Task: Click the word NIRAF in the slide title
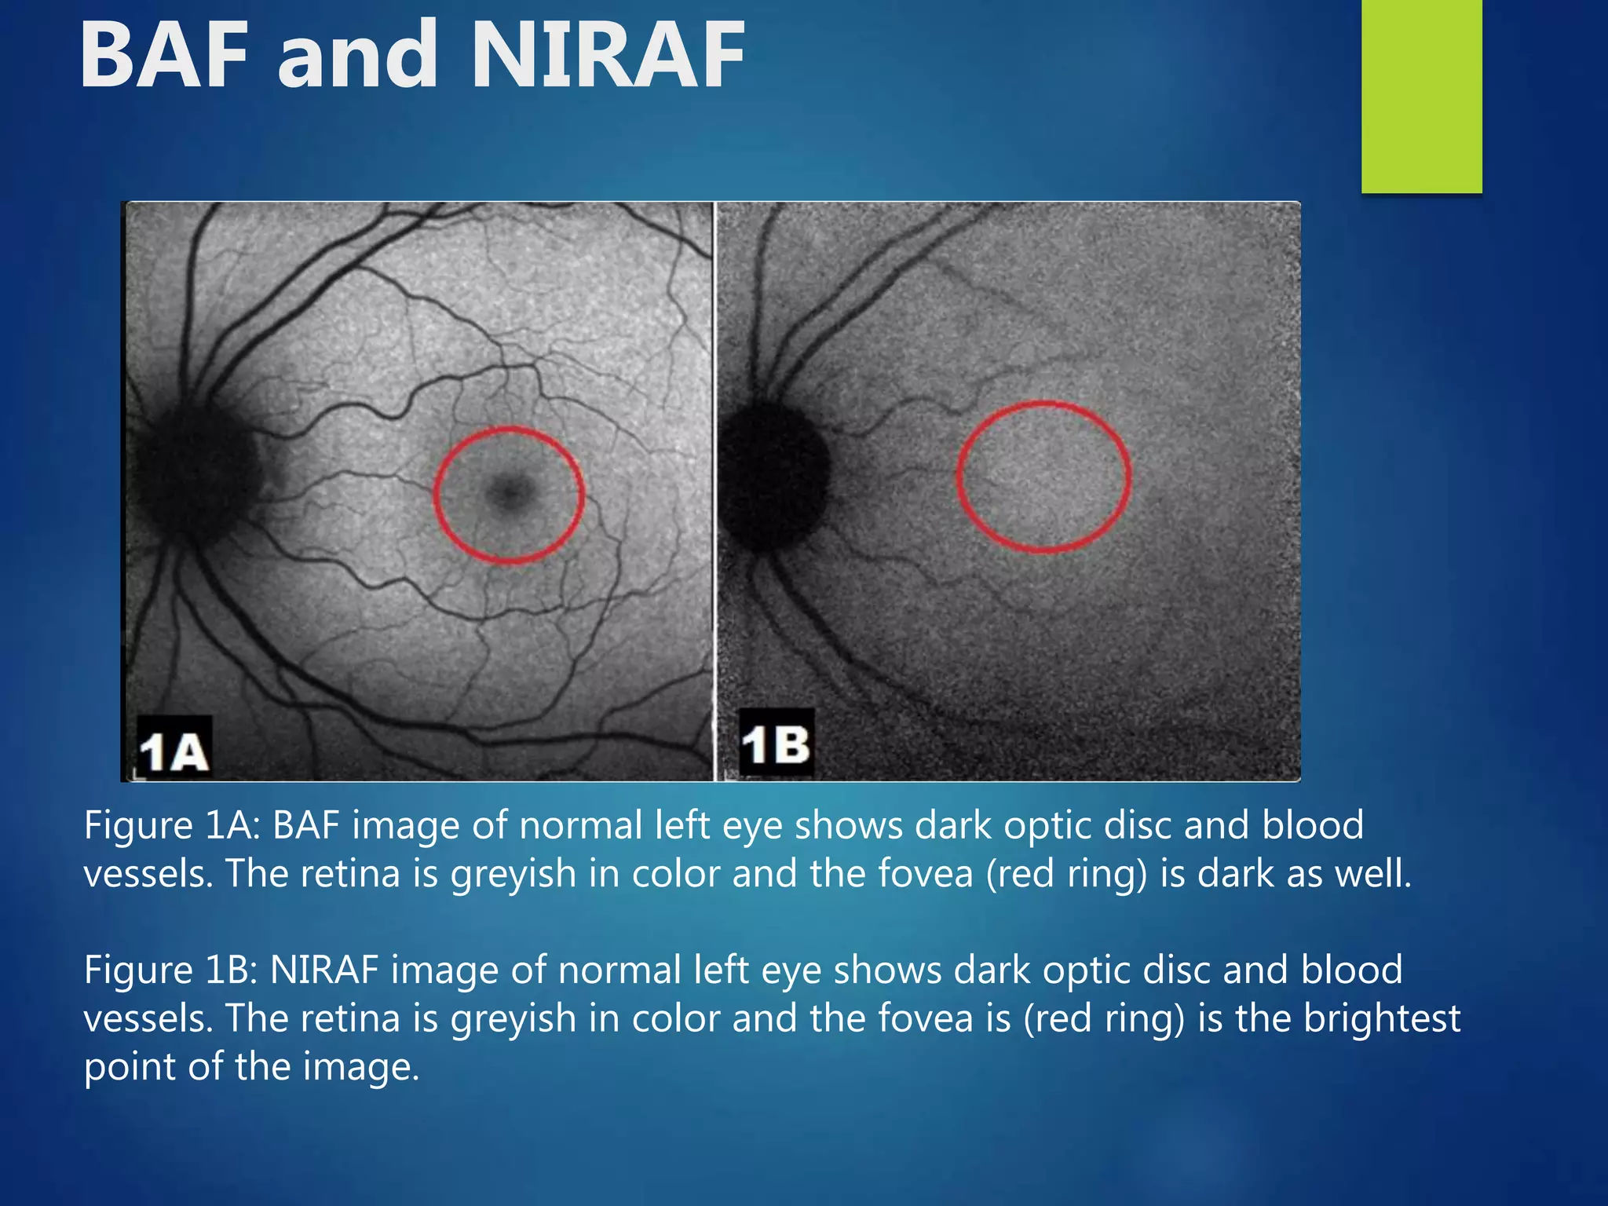(608, 55)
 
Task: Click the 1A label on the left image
(174, 750)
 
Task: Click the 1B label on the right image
(776, 744)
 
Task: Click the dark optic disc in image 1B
(773, 475)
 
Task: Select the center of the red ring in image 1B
(1043, 477)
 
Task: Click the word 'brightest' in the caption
(1382, 1019)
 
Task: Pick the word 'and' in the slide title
(357, 55)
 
